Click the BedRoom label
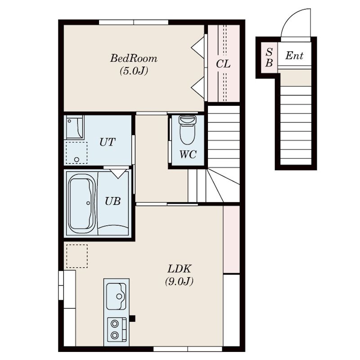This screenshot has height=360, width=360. (134, 58)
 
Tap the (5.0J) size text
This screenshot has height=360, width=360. (134, 71)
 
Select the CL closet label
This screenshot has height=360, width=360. (223, 64)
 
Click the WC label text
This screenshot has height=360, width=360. (188, 154)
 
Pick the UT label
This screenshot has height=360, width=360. (107, 142)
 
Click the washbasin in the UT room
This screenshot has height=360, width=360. (74, 127)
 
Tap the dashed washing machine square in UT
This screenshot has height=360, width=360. (76, 153)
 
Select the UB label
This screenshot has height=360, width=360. (113, 201)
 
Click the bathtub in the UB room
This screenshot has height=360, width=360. (82, 204)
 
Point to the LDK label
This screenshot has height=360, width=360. (179, 268)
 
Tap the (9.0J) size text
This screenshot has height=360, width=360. (179, 281)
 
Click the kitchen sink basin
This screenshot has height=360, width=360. (116, 296)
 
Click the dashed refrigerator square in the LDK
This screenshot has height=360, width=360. (77, 256)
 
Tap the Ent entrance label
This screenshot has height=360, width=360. (294, 55)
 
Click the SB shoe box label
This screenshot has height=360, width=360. (269, 58)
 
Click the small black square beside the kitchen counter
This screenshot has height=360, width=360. (132, 319)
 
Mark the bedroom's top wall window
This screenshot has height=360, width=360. (134, 22)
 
